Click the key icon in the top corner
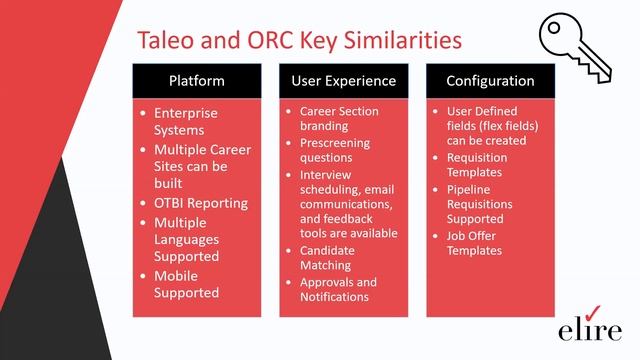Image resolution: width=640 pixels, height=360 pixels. pos(579,46)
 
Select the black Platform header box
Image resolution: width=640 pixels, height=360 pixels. pos(196,80)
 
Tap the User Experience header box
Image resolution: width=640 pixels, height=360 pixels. pos(343,80)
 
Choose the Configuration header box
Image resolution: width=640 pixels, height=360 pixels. pos(489,80)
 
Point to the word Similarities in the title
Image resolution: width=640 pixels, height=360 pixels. pos(399,40)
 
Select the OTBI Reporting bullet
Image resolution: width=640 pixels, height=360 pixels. pos(199,203)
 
